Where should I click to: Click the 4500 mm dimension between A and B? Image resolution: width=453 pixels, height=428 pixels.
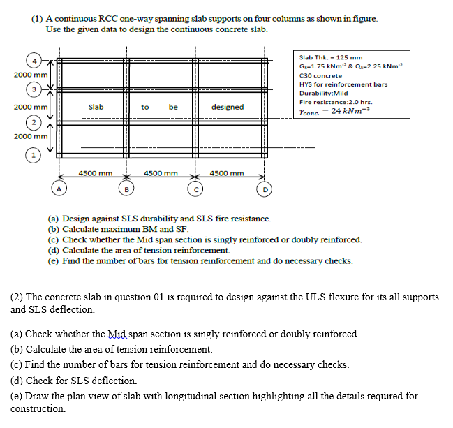(x=96, y=172)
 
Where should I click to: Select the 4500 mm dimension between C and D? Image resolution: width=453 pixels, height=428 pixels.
(x=227, y=172)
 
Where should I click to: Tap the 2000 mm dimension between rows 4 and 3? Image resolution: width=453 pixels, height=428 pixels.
(x=30, y=75)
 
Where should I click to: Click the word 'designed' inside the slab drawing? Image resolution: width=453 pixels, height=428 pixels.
(x=228, y=107)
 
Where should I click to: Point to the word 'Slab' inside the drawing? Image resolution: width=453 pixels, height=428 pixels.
(x=96, y=107)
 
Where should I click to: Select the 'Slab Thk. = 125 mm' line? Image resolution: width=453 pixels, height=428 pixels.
(x=330, y=57)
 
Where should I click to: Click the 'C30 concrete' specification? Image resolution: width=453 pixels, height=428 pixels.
(x=320, y=75)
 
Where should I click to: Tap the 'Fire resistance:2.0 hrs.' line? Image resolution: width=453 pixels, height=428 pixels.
(x=334, y=102)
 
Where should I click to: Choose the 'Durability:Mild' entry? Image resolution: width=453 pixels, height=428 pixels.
(x=323, y=93)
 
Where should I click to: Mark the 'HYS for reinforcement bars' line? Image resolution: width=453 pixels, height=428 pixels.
(x=343, y=84)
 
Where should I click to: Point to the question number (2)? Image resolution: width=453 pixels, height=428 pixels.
(x=17, y=297)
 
